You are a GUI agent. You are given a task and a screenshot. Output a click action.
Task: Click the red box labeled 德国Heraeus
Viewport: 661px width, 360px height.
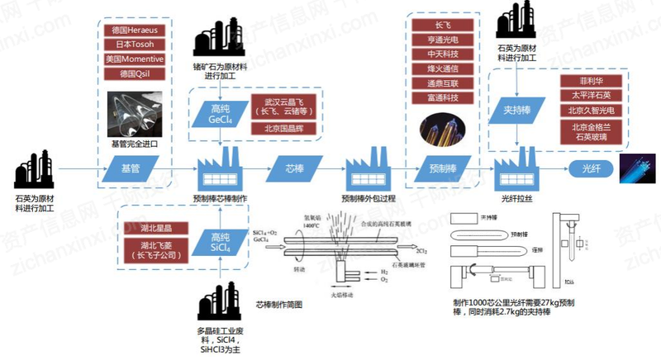point(137,31)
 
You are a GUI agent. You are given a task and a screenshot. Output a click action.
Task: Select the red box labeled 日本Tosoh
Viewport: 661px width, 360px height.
point(137,45)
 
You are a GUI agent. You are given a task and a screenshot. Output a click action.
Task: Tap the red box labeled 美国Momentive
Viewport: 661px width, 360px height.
point(137,59)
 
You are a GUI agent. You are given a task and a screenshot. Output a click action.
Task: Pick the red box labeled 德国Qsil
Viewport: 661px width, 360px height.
point(137,74)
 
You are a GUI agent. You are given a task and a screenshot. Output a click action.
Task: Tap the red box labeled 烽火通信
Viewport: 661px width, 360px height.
point(443,69)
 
